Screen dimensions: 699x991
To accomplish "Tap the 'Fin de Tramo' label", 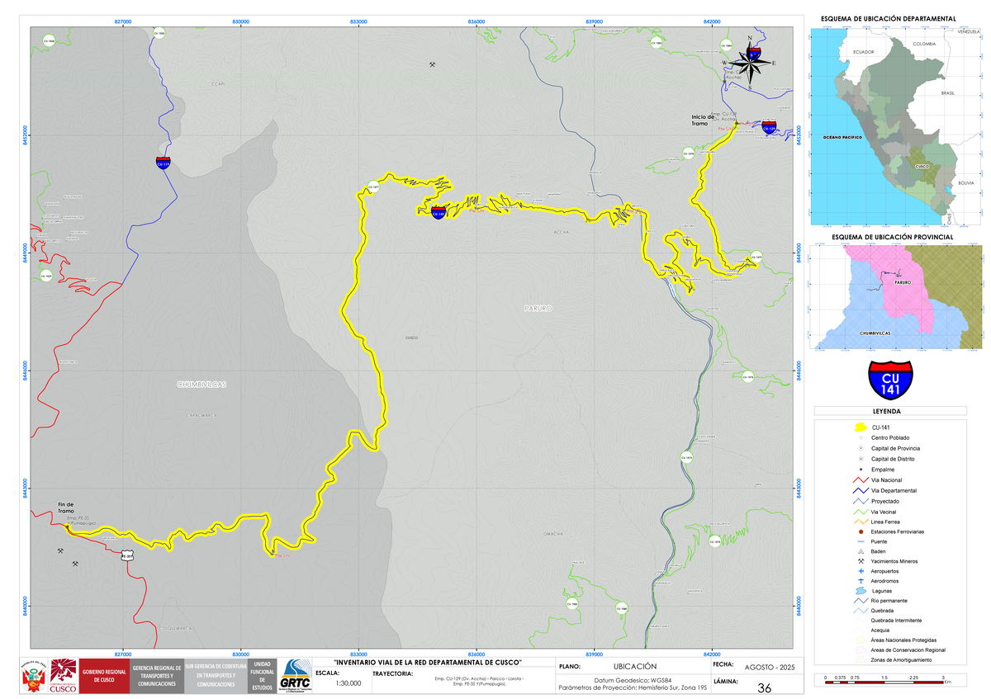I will (66, 508).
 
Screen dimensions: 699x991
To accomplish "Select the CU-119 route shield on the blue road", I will (164, 162).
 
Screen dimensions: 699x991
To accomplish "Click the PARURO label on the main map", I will (537, 308).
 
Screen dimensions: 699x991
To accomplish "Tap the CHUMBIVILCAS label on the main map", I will (202, 385).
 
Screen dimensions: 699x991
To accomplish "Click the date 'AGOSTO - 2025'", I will (768, 666).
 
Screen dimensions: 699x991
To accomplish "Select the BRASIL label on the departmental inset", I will (947, 94).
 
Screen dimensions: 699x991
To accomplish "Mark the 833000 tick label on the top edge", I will (358, 21).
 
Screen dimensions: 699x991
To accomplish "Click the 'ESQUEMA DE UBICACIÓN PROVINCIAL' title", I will (892, 237).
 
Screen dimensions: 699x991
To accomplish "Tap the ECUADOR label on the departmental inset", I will (863, 51).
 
